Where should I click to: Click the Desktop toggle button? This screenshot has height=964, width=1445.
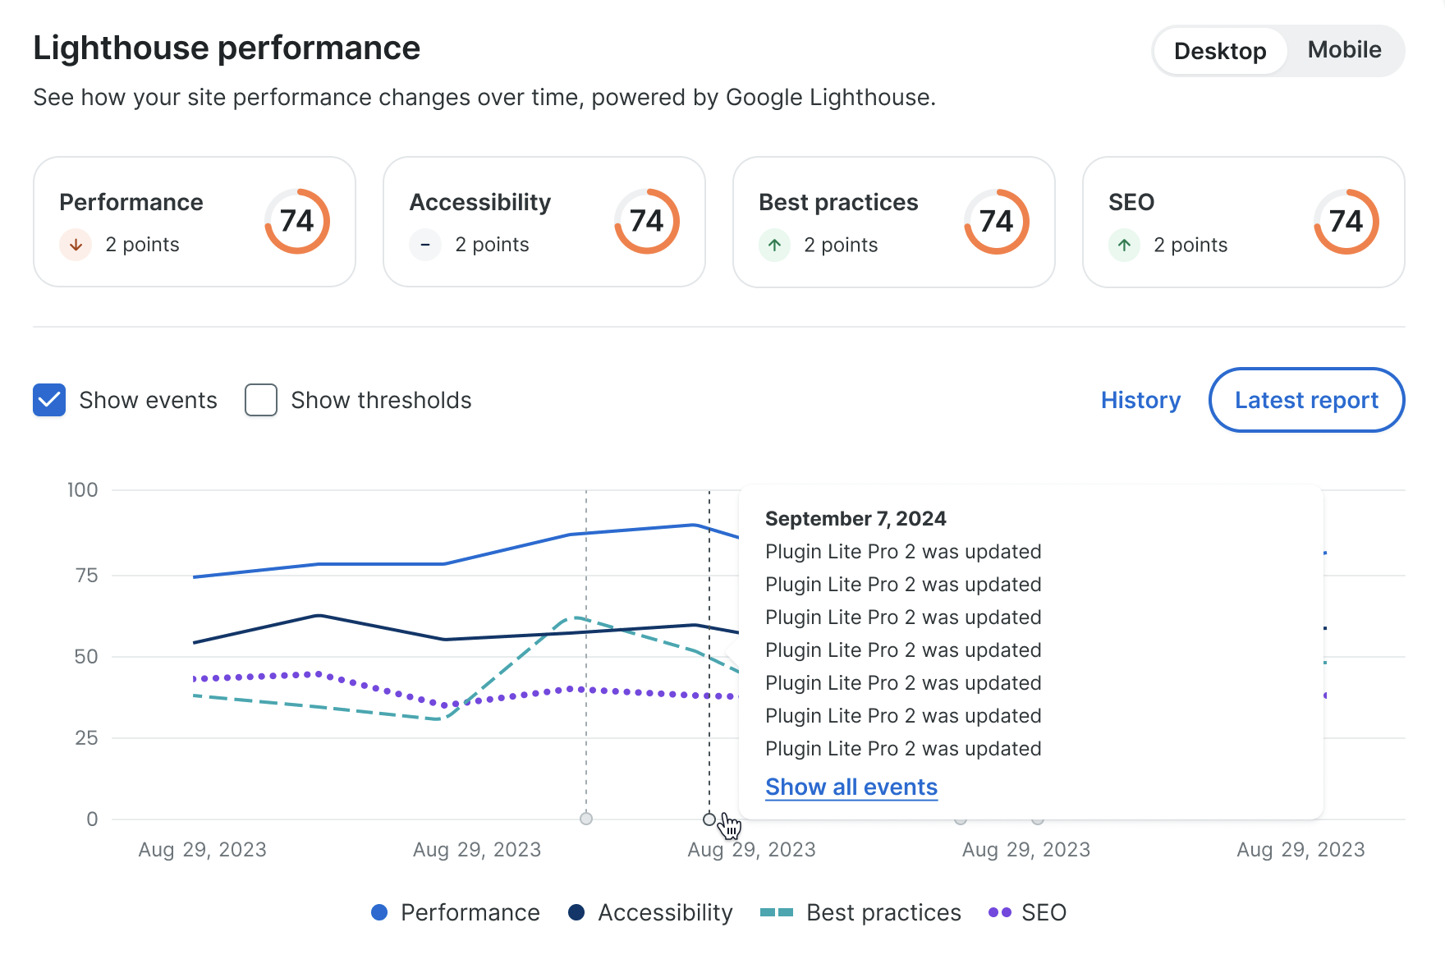point(1220,51)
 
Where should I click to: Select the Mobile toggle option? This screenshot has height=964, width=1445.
point(1344,50)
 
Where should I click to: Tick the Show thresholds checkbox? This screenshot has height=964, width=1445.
point(261,401)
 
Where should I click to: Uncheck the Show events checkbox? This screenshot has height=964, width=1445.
point(49,401)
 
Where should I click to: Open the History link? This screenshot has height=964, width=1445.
point(1140,401)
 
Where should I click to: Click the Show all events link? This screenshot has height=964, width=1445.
point(851,787)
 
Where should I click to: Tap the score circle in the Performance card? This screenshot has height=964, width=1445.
point(297,222)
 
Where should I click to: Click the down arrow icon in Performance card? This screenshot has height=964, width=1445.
point(76,245)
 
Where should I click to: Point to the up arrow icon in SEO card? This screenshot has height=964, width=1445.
point(1124,245)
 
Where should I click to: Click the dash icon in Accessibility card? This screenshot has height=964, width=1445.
point(425,245)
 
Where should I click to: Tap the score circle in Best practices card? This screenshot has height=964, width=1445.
point(997,222)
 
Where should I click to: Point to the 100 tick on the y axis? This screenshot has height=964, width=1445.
point(82,490)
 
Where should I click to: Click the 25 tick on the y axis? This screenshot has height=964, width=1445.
point(86,738)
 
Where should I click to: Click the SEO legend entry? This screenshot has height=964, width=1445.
point(1028,912)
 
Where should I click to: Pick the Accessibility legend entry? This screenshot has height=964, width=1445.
point(650,912)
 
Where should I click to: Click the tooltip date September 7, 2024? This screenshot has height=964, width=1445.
point(856,519)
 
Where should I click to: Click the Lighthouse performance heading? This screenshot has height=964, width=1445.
point(227,48)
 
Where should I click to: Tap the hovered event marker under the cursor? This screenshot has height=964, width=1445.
point(709,819)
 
